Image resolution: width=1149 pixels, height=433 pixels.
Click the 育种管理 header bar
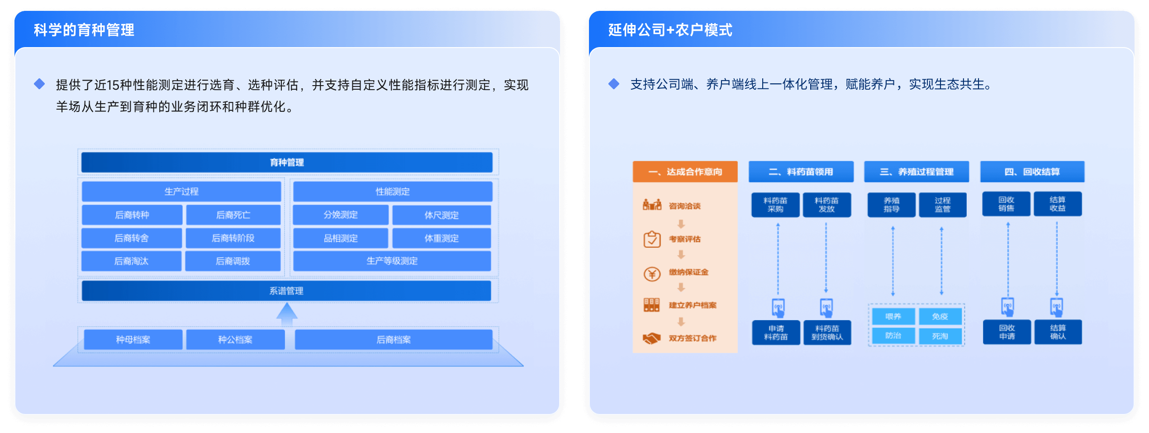pyautogui.click(x=287, y=162)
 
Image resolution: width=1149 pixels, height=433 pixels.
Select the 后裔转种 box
pyautogui.click(x=132, y=215)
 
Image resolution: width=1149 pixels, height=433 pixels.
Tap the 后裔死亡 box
pyautogui.click(x=233, y=215)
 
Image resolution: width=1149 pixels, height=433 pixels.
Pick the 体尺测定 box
pyautogui.click(x=442, y=215)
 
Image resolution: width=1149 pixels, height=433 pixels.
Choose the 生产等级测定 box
pyautogui.click(x=392, y=261)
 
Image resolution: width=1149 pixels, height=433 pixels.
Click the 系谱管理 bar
pyautogui.click(x=286, y=291)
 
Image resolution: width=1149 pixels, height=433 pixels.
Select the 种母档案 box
pyautogui.click(x=133, y=339)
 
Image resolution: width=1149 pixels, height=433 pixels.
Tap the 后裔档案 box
pyautogui.click(x=394, y=339)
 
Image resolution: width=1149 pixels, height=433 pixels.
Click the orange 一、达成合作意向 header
pyautogui.click(x=685, y=172)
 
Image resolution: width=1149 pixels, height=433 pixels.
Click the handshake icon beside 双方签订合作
pyautogui.click(x=652, y=338)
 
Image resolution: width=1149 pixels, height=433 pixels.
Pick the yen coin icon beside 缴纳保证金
pyautogui.click(x=652, y=274)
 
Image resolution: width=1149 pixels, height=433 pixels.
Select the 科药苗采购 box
pyautogui.click(x=775, y=205)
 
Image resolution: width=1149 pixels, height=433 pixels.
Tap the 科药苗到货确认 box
pyautogui.click(x=827, y=332)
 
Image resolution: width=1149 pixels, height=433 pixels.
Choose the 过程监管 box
pyautogui.click(x=942, y=205)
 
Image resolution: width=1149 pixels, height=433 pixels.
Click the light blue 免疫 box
pyautogui.click(x=940, y=317)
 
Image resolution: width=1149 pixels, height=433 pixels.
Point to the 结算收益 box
pyautogui.click(x=1058, y=204)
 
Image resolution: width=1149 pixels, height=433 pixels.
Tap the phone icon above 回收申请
pyautogui.click(x=1007, y=307)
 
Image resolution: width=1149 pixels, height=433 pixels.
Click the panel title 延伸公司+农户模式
pyautogui.click(x=670, y=30)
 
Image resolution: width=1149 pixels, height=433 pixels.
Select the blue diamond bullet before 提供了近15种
pyautogui.click(x=39, y=84)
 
